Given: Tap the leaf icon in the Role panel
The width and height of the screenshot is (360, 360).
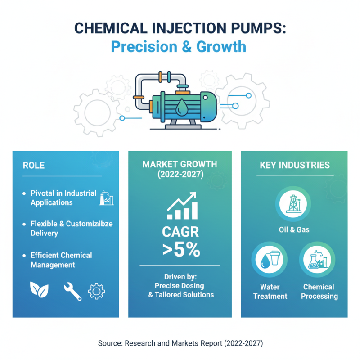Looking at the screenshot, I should [38, 291].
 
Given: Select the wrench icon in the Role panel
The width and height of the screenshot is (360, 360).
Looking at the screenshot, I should [72, 291].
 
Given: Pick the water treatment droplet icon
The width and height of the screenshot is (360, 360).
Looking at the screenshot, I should [269, 260].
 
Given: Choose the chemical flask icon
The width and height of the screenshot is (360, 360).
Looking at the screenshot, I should [319, 260].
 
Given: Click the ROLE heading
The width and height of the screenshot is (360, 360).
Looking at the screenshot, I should [34, 166].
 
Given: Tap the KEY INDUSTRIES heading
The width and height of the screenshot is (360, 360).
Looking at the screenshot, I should [294, 166].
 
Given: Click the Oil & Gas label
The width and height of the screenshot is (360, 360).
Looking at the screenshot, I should [294, 230].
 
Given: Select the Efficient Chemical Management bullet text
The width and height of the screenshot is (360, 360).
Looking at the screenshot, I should [61, 260].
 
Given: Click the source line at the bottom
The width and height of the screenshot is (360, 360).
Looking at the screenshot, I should [180, 343].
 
